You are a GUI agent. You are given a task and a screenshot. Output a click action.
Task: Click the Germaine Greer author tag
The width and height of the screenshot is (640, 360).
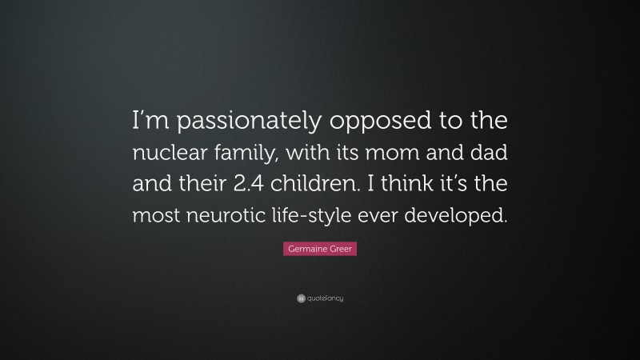tap(320, 250)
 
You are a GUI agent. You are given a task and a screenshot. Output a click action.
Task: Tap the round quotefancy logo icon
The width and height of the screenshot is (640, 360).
tap(301, 298)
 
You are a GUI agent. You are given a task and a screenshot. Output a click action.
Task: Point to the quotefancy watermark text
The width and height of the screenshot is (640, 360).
tap(326, 298)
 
